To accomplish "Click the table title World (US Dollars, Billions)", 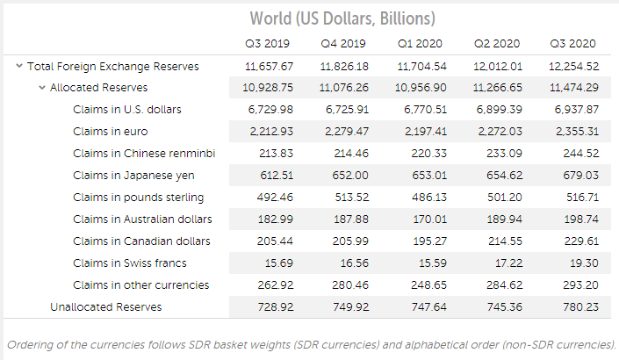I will coord(342,18).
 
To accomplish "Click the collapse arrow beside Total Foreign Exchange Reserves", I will coord(18,66).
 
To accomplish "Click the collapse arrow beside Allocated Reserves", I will coord(41,88).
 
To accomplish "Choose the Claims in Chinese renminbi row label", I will coord(145,154).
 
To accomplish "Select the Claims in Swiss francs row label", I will coord(130,263).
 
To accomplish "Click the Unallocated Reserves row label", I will coord(106,307).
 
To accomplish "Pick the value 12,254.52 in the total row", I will coord(574,66).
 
